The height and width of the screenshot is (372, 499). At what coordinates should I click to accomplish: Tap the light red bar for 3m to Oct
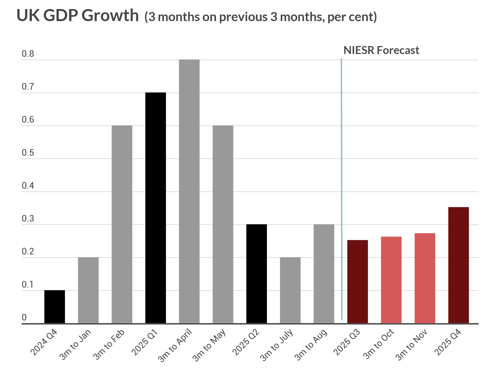coord(391,280)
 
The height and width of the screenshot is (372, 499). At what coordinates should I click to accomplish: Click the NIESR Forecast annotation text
coord(381,50)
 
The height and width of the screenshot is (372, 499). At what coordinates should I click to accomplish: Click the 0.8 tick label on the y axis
coord(28,54)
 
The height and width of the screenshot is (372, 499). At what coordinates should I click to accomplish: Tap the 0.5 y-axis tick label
coord(28,153)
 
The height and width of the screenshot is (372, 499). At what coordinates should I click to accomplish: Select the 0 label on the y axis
coord(24,317)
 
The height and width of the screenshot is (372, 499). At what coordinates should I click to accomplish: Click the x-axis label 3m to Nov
coord(411,345)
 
